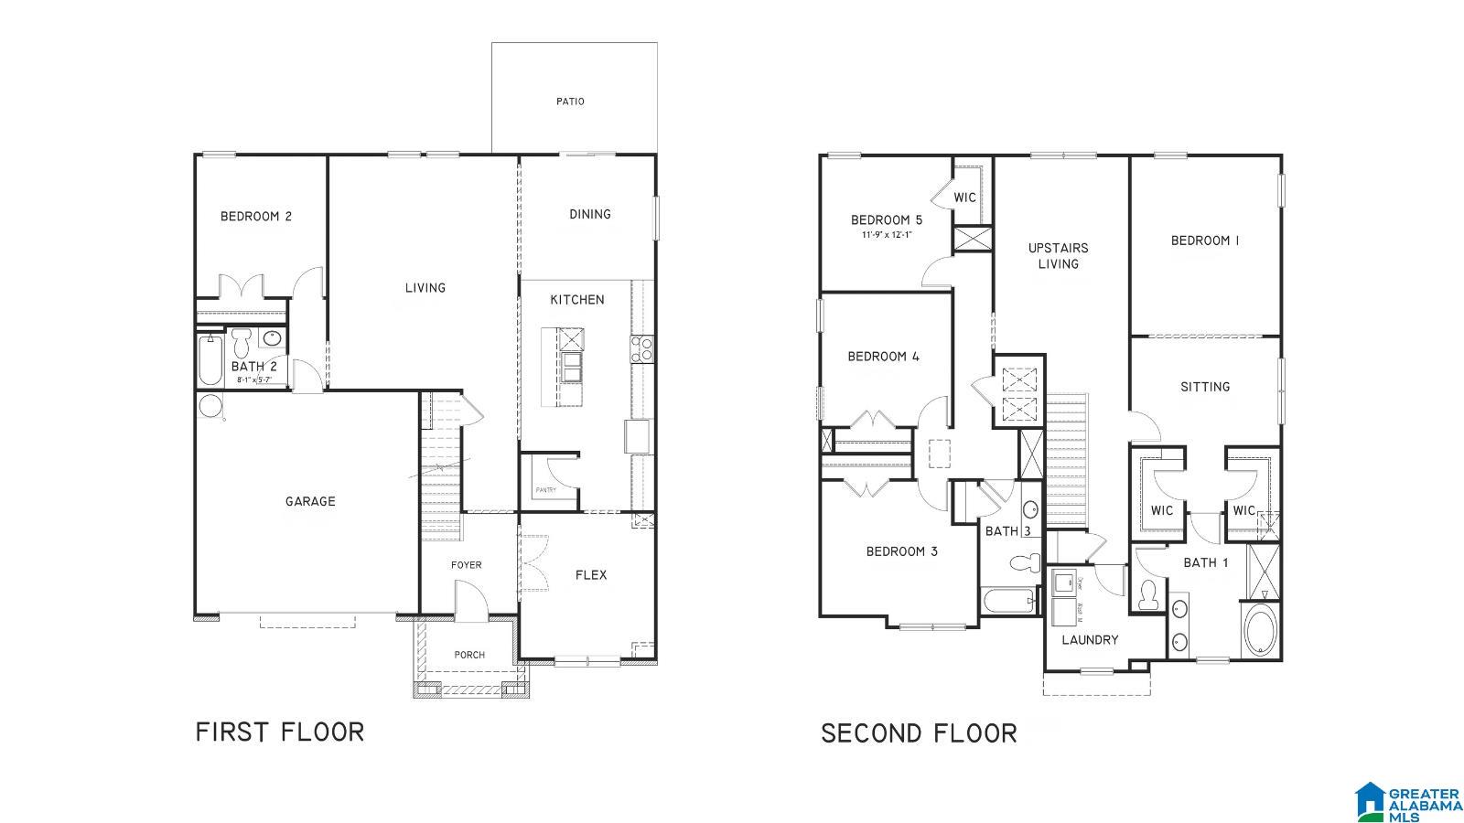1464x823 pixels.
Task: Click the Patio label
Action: tap(570, 102)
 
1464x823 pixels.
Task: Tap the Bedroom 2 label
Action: tap(256, 217)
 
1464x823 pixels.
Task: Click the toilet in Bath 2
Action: tap(242, 343)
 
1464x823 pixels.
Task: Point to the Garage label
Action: tap(310, 501)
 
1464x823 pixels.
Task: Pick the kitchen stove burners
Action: tap(641, 348)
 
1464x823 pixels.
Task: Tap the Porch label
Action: tap(469, 655)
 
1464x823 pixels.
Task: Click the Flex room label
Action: tap(591, 575)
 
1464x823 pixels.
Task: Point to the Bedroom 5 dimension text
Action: tap(886, 235)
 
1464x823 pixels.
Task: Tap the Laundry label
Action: tap(1090, 640)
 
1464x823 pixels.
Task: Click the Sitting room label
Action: tap(1205, 387)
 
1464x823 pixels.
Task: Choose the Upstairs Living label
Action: tap(1058, 256)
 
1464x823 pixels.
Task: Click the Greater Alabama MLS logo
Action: tap(1409, 802)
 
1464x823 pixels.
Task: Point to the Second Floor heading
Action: tap(919, 733)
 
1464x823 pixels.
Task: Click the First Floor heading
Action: tap(280, 732)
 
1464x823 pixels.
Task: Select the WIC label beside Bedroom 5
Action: tap(965, 198)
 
